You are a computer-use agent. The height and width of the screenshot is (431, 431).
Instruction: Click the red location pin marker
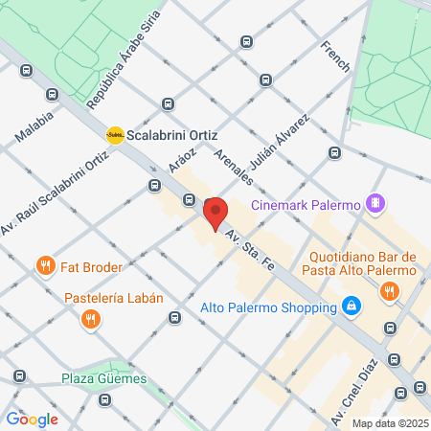[x=215, y=211]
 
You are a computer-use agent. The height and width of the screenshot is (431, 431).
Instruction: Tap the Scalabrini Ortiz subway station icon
[x=115, y=134]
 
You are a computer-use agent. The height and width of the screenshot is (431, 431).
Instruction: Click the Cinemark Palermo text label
[x=305, y=204]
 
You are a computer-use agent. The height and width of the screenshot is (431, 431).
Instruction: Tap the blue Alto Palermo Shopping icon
[x=352, y=307]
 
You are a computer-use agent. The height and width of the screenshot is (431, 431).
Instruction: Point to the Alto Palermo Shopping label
[x=269, y=308]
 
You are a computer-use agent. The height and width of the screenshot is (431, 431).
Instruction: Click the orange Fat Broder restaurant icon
[x=43, y=264]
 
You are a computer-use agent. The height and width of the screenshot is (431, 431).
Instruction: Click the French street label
[x=337, y=59]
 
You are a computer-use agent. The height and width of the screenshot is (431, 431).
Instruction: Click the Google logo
[x=32, y=419]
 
